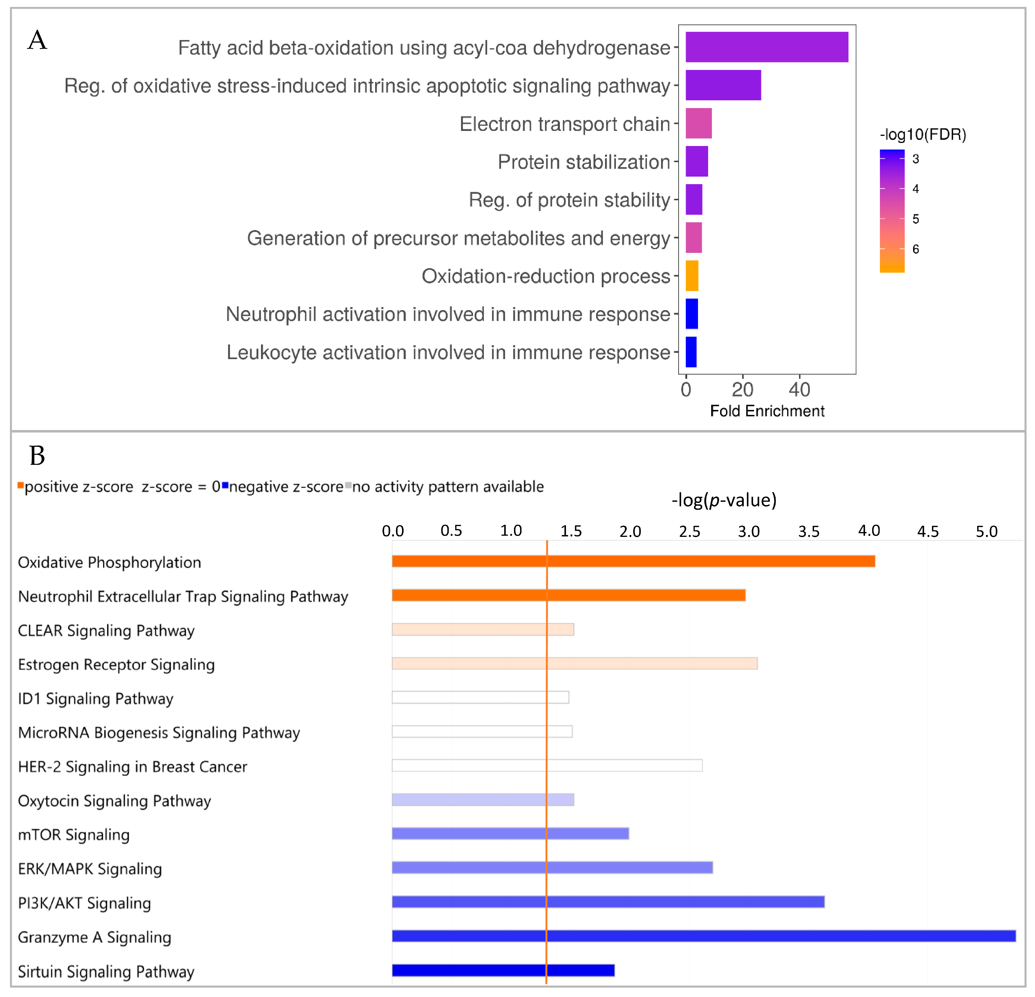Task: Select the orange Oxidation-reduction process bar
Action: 692,276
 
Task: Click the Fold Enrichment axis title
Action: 767,411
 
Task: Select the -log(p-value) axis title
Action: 724,500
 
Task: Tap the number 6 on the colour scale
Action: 916,249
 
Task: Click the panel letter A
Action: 37,40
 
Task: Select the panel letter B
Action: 37,455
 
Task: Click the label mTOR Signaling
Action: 74,835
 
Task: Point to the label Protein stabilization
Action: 583,162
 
